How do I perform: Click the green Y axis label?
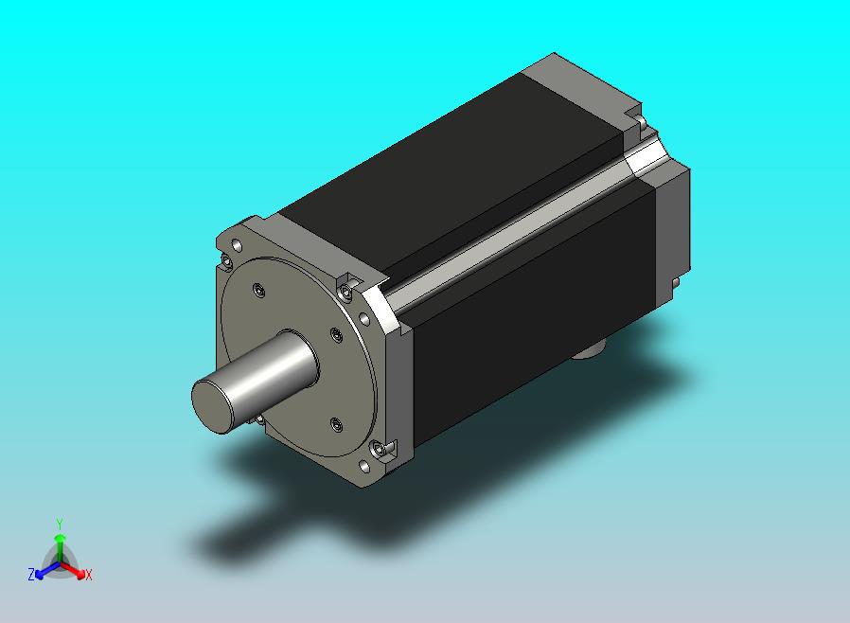point(60,524)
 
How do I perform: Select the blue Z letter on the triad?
point(31,574)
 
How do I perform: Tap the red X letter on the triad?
point(89,575)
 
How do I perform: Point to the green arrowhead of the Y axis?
point(60,538)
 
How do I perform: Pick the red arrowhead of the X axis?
point(80,573)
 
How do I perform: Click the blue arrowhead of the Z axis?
point(40,574)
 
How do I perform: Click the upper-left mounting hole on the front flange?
point(237,245)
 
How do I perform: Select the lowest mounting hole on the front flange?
point(364,466)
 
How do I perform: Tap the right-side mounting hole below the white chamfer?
point(364,318)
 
